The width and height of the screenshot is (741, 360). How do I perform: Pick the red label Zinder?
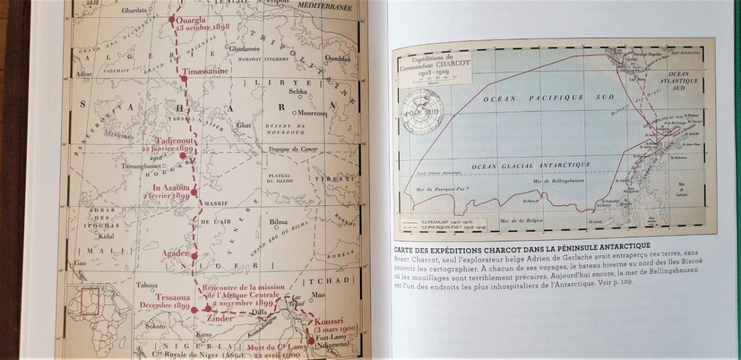click(x=217, y=319)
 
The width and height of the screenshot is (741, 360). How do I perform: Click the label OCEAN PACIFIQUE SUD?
click(x=533, y=98)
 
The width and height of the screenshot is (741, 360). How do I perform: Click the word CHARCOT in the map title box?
click(x=445, y=70)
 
